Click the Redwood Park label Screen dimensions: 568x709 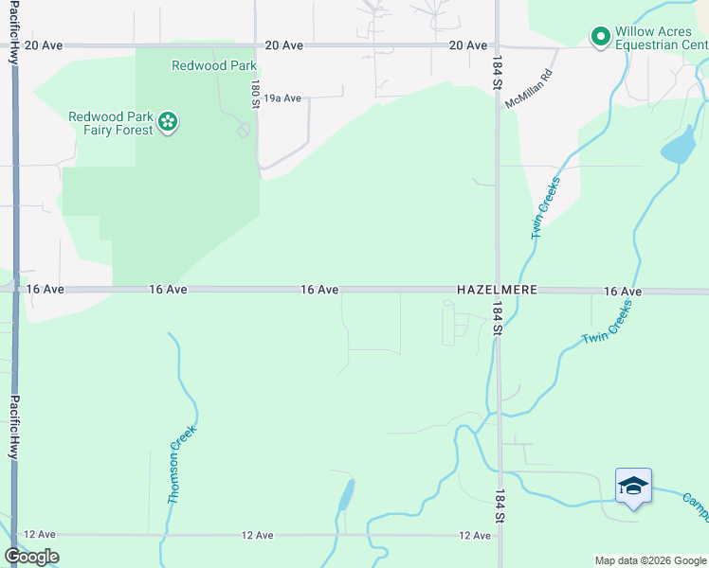202,65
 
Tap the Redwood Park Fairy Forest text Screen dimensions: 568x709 111,123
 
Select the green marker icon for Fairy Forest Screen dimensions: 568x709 168,121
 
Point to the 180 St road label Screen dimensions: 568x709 255,93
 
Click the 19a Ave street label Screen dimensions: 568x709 282,98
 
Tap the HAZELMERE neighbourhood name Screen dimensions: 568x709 497,290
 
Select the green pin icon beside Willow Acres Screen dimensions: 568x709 600,38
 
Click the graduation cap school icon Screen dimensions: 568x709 633,487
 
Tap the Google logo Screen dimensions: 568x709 32,557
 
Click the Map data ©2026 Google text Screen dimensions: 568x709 649,560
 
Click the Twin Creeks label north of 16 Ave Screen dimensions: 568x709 545,207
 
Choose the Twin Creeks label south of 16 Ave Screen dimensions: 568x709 606,325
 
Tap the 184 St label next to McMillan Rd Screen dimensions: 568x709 497,73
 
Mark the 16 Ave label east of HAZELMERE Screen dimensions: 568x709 623,292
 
